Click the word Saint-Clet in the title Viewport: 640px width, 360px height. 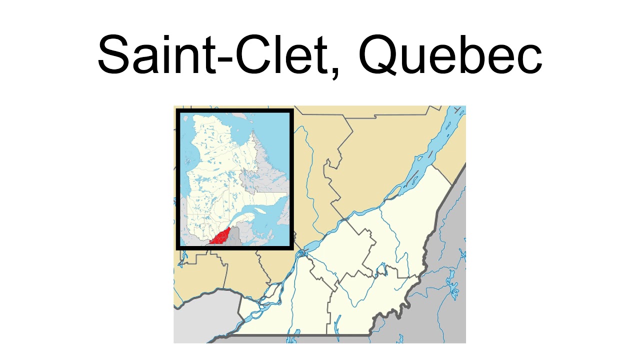[x=210, y=54]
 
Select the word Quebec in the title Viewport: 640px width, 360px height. [x=449, y=54]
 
